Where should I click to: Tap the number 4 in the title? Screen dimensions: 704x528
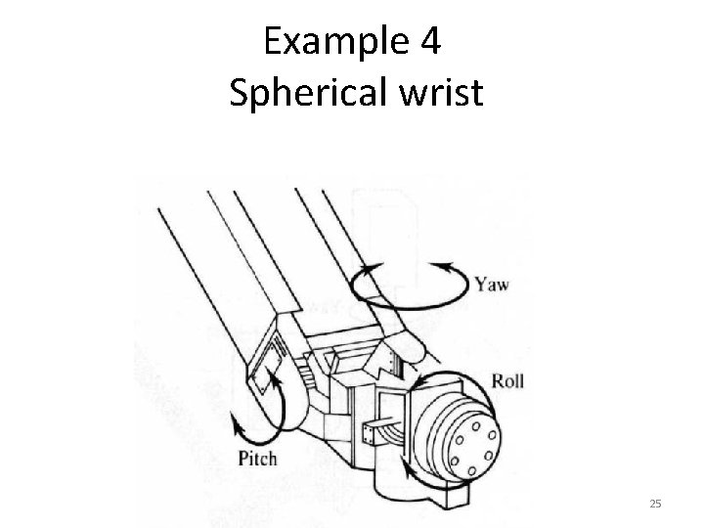434,45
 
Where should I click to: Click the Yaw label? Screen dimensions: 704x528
492,286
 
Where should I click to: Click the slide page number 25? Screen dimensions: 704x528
655,504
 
